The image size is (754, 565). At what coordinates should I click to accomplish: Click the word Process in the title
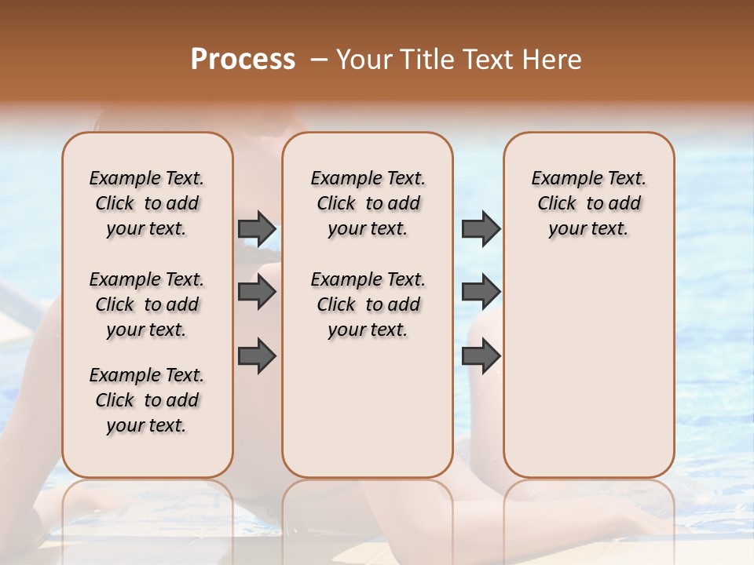(x=243, y=60)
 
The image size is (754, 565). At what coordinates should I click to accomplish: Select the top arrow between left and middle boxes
(x=257, y=228)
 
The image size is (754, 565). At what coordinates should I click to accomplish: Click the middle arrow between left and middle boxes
(x=257, y=292)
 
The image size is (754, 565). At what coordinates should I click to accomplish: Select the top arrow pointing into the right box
(x=481, y=228)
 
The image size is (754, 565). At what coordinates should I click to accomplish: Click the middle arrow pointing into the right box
(x=481, y=292)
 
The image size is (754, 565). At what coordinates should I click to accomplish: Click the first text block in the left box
(x=147, y=203)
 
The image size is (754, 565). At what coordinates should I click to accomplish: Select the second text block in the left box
(x=147, y=304)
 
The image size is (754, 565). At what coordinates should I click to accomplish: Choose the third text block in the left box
(x=147, y=400)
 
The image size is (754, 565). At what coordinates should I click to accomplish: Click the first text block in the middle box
(x=368, y=203)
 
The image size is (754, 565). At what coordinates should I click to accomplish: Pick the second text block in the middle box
(x=368, y=304)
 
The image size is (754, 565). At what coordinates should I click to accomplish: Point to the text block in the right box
(x=588, y=203)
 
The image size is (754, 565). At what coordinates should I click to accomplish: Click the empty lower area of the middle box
(x=368, y=408)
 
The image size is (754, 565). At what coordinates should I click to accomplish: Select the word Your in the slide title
(x=364, y=60)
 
